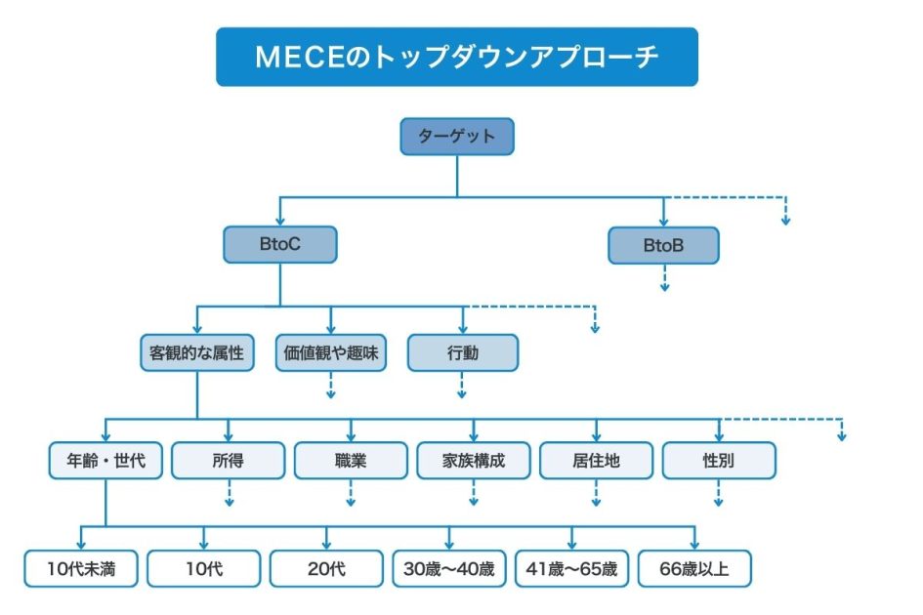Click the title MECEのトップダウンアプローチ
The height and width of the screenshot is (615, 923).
pyautogui.click(x=456, y=57)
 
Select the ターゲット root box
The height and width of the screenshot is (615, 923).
pyautogui.click(x=456, y=137)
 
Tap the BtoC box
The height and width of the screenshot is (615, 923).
pyautogui.click(x=279, y=245)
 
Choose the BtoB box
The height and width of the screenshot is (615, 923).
pyautogui.click(x=663, y=246)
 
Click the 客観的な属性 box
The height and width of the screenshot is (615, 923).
pyautogui.click(x=196, y=353)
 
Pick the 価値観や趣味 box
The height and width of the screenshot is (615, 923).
pyautogui.click(x=330, y=353)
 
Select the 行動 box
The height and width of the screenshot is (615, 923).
pyautogui.click(x=462, y=353)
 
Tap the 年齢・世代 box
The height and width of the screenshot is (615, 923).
pyautogui.click(x=105, y=461)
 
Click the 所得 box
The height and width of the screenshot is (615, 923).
pyautogui.click(x=229, y=461)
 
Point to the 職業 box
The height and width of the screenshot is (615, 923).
pyautogui.click(x=351, y=461)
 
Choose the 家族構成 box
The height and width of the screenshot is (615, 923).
pyautogui.click(x=474, y=461)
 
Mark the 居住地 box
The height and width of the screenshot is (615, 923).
pyautogui.click(x=596, y=461)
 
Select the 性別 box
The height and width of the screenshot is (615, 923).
pyautogui.click(x=719, y=461)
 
